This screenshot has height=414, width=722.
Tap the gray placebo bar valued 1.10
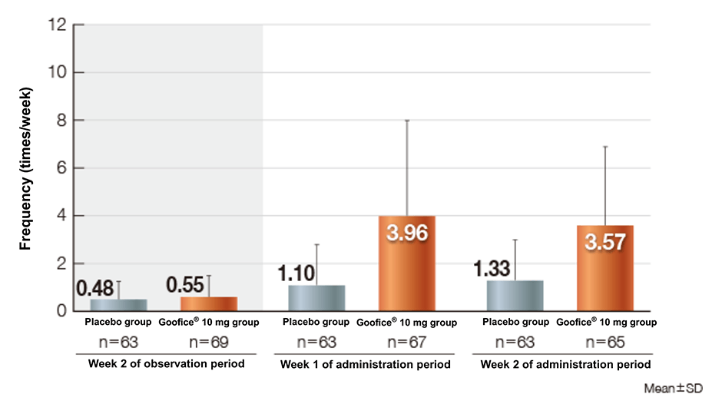point(316,298)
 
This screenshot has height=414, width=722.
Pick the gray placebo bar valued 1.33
point(515,296)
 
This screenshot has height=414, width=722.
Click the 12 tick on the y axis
point(58,25)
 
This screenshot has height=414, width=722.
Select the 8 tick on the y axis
point(61,120)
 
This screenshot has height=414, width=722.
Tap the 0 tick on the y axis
point(61,311)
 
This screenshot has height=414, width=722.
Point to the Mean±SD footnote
point(673,389)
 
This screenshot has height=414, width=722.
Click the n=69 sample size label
point(208,342)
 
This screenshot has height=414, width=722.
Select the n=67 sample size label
point(407,342)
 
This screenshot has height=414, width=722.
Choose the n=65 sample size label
point(605,342)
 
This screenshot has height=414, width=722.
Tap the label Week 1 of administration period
point(365,364)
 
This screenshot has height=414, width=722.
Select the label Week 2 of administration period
point(565,364)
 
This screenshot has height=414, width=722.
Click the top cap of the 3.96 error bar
point(407,121)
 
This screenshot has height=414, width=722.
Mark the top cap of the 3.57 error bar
point(605,146)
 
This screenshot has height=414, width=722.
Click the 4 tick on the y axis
point(61,216)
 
